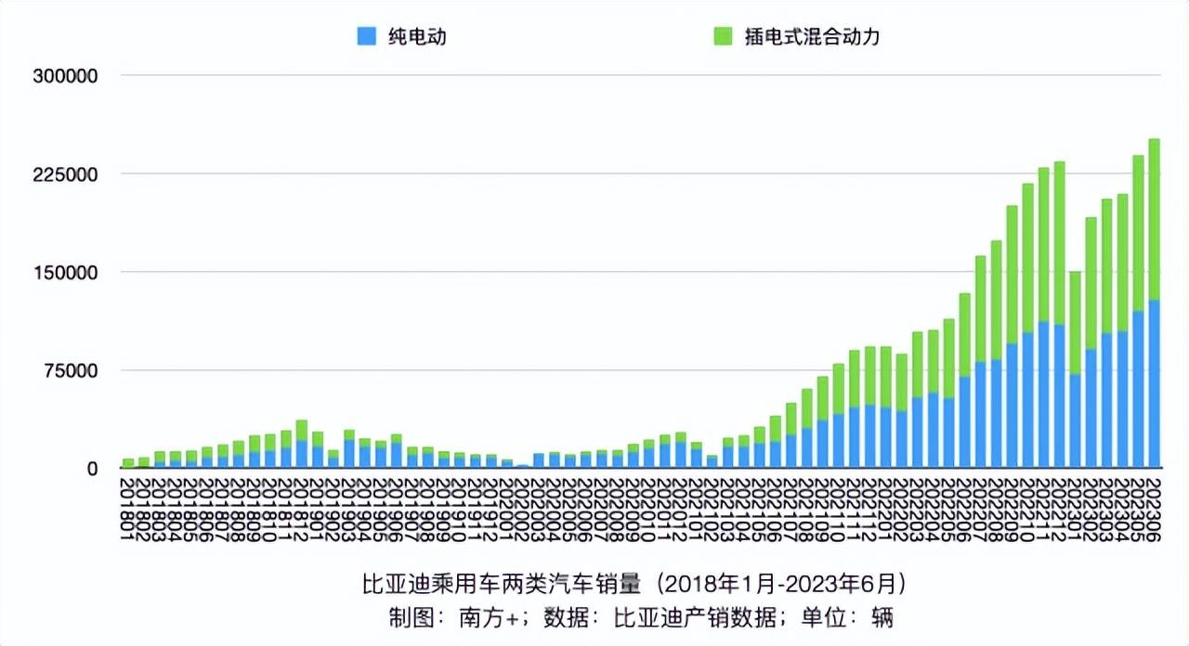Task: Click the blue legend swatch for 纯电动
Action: coord(367,37)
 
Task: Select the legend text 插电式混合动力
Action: coord(810,37)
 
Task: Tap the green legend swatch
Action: coord(723,37)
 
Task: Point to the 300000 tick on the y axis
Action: coord(65,76)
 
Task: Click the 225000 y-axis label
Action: coord(65,174)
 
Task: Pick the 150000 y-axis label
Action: coord(65,273)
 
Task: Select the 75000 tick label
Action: coord(71,371)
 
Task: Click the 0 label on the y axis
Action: coord(91,470)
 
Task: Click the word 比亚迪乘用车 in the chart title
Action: coord(417,585)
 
